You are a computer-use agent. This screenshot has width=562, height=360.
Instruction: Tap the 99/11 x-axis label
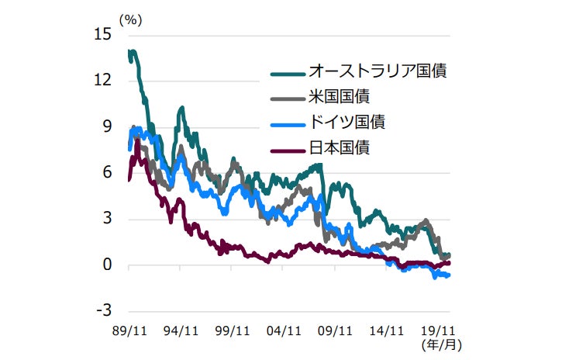(232, 330)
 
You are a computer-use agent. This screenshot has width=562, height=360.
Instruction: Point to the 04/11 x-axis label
(283, 330)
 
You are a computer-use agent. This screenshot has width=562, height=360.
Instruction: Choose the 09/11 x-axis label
(335, 330)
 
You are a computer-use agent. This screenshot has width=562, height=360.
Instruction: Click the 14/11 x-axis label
(387, 330)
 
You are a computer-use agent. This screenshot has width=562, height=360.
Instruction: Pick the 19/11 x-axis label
(438, 330)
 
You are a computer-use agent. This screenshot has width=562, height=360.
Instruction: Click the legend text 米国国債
(338, 97)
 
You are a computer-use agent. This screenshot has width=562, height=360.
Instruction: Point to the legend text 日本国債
(338, 147)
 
